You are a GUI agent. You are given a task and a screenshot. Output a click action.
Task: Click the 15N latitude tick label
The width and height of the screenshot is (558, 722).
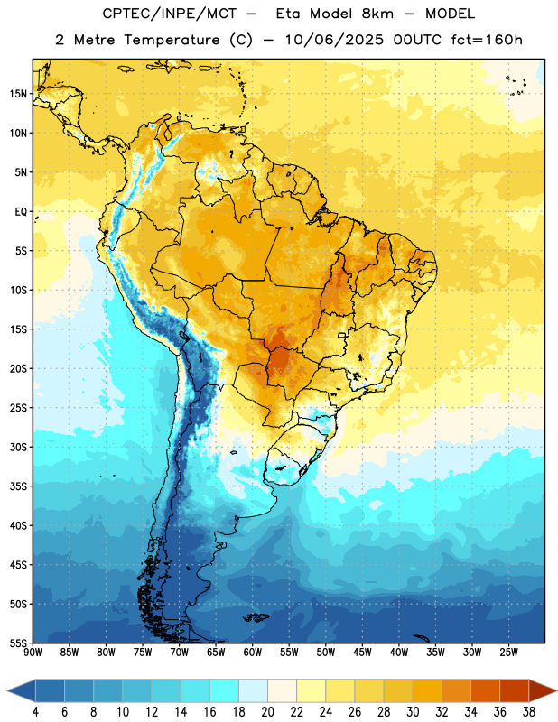coord(18,94)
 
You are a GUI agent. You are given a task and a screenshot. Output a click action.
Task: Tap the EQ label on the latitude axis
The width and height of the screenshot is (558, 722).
coord(21,212)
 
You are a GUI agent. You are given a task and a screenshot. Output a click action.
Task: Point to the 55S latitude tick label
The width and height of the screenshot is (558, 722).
coord(18,643)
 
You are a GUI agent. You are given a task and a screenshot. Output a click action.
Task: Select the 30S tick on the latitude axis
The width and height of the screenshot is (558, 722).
coord(18,447)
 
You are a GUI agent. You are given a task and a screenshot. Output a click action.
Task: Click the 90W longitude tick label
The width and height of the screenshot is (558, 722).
coord(33,653)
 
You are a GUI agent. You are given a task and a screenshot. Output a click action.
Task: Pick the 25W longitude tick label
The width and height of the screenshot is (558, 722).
coord(508,653)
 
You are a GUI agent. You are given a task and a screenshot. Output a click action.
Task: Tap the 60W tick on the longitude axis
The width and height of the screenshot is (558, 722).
coord(253,653)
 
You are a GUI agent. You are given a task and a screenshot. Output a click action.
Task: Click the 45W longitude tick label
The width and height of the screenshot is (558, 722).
coord(362,653)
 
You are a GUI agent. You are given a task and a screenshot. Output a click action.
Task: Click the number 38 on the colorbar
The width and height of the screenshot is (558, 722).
coord(529,712)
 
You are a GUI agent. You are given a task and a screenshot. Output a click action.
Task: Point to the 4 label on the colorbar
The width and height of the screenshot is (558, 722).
coord(35,712)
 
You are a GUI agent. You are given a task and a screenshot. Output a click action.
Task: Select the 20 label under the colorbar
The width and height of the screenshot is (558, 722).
coord(267,712)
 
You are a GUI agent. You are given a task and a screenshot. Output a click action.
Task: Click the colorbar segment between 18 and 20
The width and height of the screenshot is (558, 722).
coord(254,690)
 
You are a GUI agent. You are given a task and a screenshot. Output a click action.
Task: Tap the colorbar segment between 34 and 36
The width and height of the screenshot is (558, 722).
coord(486,690)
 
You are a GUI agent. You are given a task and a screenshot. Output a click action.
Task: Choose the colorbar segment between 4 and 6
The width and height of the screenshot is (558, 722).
coord(51,690)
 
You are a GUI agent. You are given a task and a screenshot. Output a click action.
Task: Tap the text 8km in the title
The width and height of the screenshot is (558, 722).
coord(377,14)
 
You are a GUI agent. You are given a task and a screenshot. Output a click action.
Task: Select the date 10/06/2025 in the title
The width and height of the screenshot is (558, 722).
coord(334,40)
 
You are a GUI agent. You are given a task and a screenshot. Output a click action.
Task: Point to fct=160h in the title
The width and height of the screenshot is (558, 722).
coord(487,40)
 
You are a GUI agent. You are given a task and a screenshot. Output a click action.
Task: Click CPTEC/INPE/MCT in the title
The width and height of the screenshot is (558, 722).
coord(169,14)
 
